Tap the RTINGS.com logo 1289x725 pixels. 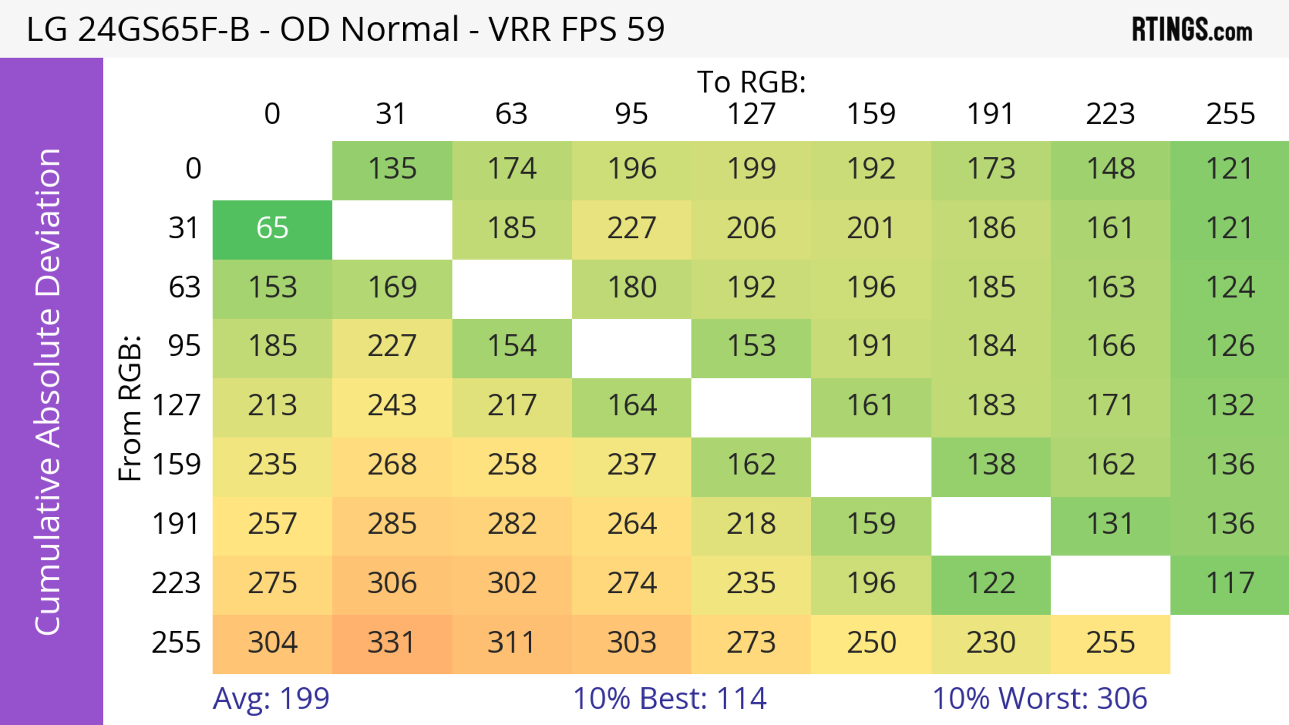pos(1192,30)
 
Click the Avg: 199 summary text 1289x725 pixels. pos(271,698)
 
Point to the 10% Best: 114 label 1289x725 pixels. pos(670,698)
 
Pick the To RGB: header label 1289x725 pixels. pos(751,82)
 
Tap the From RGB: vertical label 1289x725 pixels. pos(130,408)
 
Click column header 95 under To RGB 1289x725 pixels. pos(631,114)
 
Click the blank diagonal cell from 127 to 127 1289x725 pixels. pos(751,408)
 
